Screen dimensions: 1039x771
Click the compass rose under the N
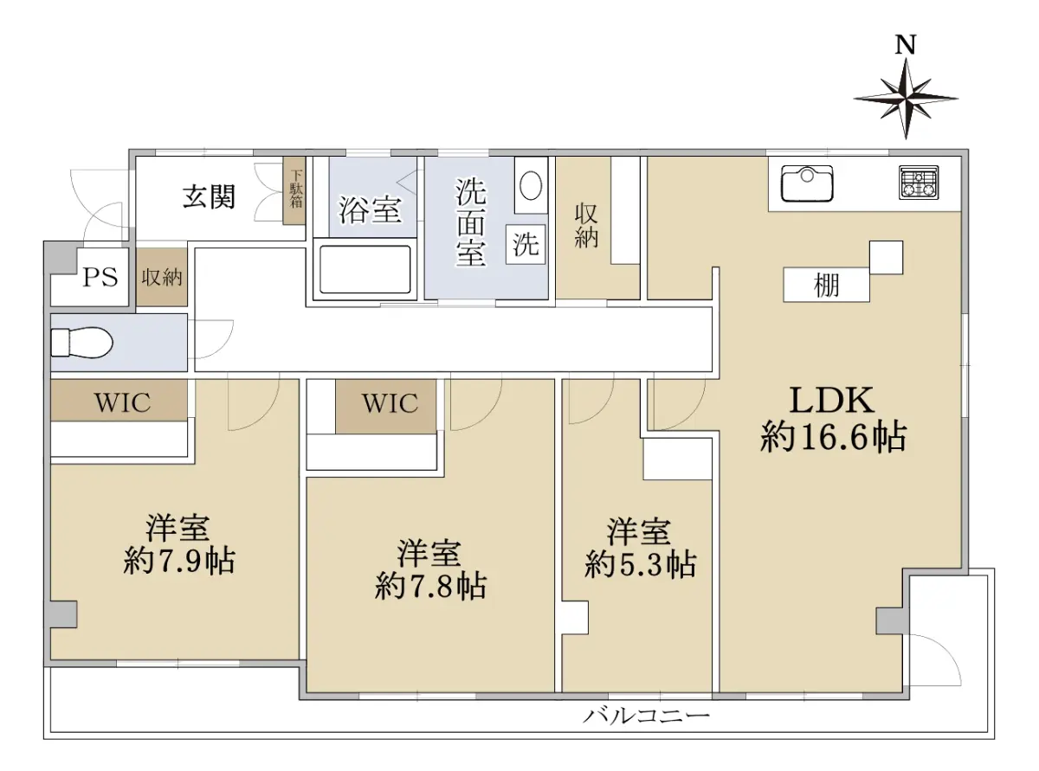(x=905, y=99)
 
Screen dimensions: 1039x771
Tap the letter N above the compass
(x=906, y=45)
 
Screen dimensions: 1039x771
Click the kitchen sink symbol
(x=806, y=183)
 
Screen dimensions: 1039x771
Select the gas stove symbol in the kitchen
(x=919, y=182)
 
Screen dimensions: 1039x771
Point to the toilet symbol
(x=81, y=343)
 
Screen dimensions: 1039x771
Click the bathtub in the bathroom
(x=365, y=269)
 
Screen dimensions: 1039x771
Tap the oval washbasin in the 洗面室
(x=531, y=185)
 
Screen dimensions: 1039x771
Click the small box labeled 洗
(x=526, y=244)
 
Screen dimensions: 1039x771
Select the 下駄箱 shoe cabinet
(x=294, y=190)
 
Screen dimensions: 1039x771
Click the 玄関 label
(x=209, y=196)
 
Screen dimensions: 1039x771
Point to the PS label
(x=100, y=277)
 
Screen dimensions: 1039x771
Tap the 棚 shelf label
(x=826, y=285)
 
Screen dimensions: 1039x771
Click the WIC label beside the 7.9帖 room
(x=122, y=402)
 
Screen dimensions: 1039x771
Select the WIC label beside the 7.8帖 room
(x=390, y=403)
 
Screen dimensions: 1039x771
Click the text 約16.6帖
(x=833, y=437)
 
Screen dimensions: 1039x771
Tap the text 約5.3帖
(x=640, y=564)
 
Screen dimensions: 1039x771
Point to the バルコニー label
(x=647, y=716)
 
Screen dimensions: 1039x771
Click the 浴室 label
(x=370, y=210)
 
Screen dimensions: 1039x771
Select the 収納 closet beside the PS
(x=162, y=278)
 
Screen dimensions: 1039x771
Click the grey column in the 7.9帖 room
(x=63, y=614)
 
